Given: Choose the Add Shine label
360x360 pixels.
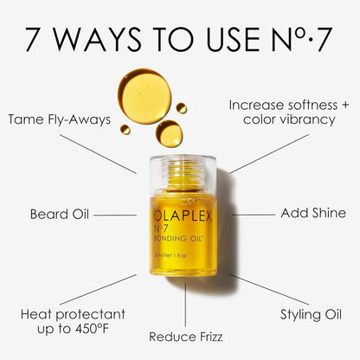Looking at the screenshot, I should point(313,213).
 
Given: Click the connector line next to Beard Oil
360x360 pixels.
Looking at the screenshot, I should point(114,214).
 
